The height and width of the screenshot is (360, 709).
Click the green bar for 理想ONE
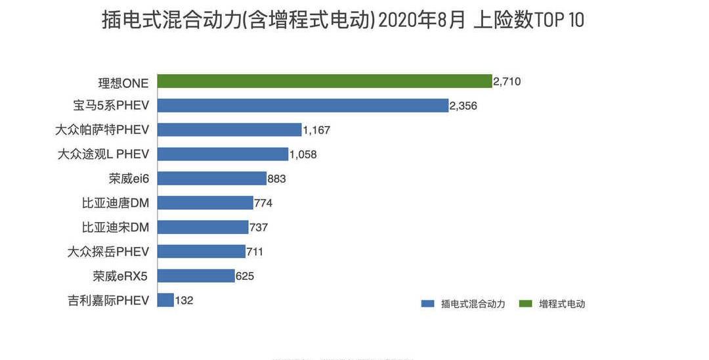pyautogui.click(x=324, y=81)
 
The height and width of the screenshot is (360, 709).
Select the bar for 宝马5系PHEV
pyautogui.click(x=303, y=106)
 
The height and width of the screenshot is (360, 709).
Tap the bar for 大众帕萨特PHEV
pyautogui.click(x=229, y=130)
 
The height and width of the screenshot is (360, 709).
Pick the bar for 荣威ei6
pyautogui.click(x=211, y=178)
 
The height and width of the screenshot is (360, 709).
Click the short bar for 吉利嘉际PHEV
pyautogui.click(x=165, y=300)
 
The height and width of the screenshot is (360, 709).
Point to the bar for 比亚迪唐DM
pyautogui.click(x=205, y=203)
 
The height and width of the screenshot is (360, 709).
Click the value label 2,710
pyautogui.click(x=507, y=81)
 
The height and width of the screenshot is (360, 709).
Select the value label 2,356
pyautogui.click(x=463, y=106)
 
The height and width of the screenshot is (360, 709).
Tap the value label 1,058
pyautogui.click(x=303, y=154)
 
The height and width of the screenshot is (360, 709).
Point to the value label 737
pyautogui.click(x=259, y=227)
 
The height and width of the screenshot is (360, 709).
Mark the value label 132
pyautogui.click(x=184, y=300)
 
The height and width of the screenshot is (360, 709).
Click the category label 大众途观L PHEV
pyautogui.click(x=103, y=154)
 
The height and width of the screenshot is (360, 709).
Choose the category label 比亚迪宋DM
pyautogui.click(x=116, y=227)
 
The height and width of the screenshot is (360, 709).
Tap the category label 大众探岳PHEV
pyautogui.click(x=108, y=252)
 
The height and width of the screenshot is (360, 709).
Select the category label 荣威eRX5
pyautogui.click(x=120, y=276)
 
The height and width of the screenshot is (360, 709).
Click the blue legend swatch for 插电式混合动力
pyautogui.click(x=428, y=304)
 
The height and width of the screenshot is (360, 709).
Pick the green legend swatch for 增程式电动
pyautogui.click(x=525, y=304)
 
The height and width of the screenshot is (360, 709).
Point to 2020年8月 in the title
pyautogui.click(x=422, y=20)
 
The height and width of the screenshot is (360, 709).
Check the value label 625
pyautogui.click(x=245, y=276)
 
